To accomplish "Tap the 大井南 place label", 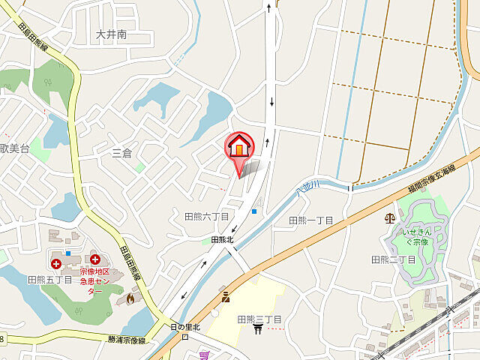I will pos(112,34).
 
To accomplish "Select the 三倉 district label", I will pos(121,153).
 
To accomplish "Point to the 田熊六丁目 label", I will pos(206,216).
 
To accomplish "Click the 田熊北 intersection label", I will pos(223,240).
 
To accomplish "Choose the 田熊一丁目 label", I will pos(310,220).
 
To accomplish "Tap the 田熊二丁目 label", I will pos(394,259).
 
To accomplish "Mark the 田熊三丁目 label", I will pos(259,319).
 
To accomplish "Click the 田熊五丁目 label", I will pos(49,279).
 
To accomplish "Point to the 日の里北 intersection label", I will pos(185,326).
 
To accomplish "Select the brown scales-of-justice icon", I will pos(389,218).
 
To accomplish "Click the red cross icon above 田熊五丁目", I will pos(57,263).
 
